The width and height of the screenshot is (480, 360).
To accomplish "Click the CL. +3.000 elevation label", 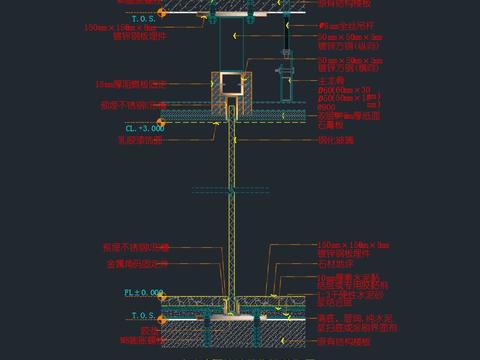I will [x=144, y=129].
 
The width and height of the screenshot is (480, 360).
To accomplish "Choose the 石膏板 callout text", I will [x=329, y=126].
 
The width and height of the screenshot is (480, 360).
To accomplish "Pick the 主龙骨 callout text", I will [x=331, y=79].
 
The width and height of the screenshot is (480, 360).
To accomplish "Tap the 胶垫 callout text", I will [x=149, y=329].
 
